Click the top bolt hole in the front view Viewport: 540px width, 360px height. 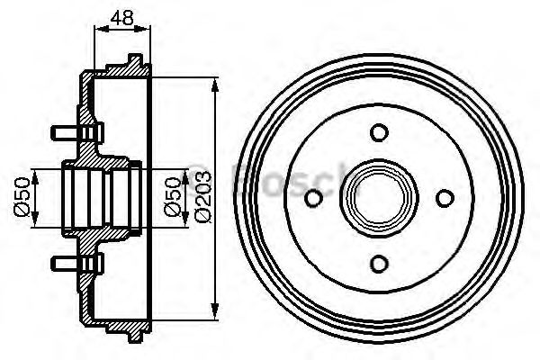point(379,133)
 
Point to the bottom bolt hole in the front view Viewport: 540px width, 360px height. point(379,263)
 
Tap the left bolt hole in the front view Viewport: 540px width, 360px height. point(314,198)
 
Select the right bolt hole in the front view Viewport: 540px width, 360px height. point(444,198)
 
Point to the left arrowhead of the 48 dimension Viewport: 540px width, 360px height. point(98,29)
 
